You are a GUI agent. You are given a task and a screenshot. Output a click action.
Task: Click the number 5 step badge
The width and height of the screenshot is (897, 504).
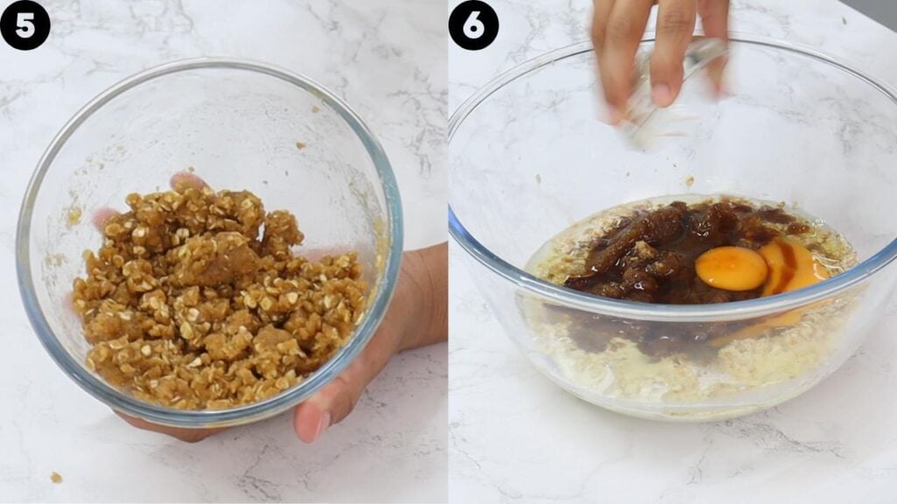(25, 24)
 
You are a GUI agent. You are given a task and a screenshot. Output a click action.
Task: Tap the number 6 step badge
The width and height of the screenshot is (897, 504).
(473, 24)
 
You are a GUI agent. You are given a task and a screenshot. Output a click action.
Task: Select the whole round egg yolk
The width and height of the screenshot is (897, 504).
(731, 268)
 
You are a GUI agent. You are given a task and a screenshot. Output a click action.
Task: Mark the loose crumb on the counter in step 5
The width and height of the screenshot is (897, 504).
(56, 477)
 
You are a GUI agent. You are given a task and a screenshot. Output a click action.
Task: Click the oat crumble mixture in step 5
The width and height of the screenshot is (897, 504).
(219, 297)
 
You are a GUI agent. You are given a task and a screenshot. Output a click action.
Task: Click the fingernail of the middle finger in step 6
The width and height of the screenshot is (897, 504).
(662, 94)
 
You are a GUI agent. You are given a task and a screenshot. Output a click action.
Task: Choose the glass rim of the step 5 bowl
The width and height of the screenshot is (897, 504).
(210, 62)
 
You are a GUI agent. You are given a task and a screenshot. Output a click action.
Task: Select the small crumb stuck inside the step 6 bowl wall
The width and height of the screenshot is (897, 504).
(689, 181)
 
